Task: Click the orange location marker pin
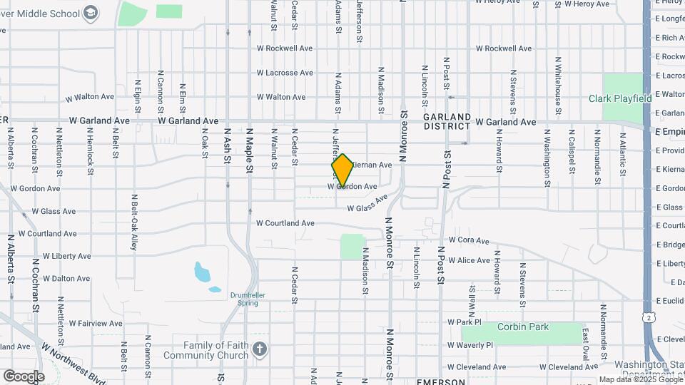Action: pos(342,170)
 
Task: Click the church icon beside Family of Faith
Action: pos(260,349)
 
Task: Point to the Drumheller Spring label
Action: pos(243,299)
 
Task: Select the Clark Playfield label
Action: pos(620,98)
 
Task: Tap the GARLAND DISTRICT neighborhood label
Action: pos(447,121)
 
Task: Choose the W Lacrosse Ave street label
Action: pos(285,73)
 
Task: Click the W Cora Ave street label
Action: pos(469,241)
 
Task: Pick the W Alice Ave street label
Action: pos(469,260)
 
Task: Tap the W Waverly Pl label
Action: pos(470,345)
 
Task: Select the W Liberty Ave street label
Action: pos(66,256)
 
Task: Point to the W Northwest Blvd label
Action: pos(73,364)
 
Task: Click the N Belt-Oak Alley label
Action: pos(133,223)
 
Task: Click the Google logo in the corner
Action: pos(24,376)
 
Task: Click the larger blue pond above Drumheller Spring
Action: pos(203,272)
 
